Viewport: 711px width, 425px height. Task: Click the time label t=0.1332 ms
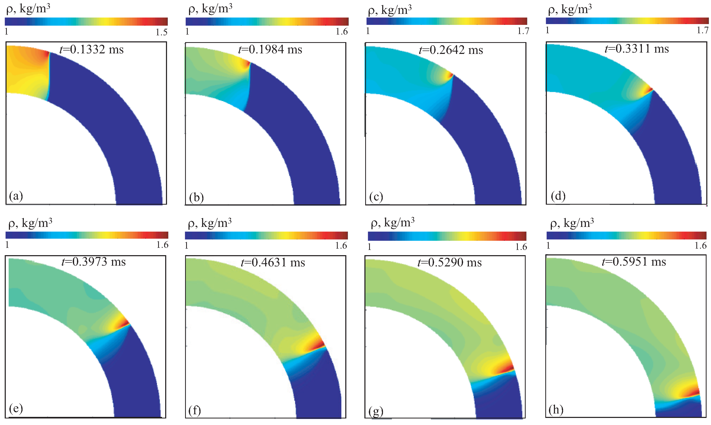click(x=91, y=49)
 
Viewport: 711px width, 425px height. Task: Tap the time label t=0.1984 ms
click(x=270, y=49)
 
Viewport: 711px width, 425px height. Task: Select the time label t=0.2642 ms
click(x=451, y=50)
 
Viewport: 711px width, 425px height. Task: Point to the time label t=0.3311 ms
click(x=636, y=49)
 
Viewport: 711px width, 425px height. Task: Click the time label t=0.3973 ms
click(x=94, y=262)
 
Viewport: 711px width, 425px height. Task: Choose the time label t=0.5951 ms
click(x=634, y=262)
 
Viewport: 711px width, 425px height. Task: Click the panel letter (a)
click(x=16, y=196)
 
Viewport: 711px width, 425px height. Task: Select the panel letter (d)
click(x=558, y=196)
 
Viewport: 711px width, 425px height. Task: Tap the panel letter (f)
click(x=195, y=411)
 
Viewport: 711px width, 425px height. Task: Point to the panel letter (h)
click(x=556, y=410)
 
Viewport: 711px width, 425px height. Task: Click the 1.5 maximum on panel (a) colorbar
click(x=161, y=32)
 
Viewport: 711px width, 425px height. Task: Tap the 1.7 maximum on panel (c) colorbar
click(x=523, y=31)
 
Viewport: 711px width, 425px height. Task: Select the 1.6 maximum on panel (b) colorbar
click(x=341, y=31)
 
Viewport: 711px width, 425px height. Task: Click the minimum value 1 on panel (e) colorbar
click(x=7, y=245)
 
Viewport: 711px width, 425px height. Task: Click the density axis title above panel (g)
click(x=392, y=223)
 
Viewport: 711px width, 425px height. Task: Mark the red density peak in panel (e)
click(x=125, y=323)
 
